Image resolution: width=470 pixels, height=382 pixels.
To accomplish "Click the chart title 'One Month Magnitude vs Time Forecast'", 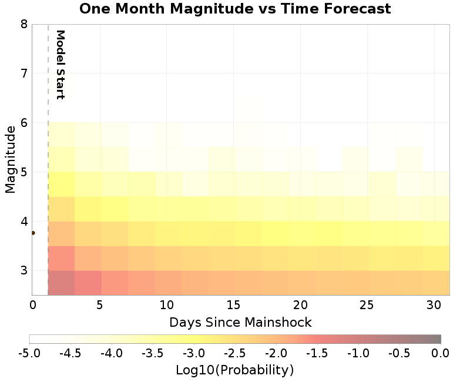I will (234, 9).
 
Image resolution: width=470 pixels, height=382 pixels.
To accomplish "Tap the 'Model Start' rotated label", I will (59, 65).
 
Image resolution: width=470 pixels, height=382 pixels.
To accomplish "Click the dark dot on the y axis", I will (33, 233).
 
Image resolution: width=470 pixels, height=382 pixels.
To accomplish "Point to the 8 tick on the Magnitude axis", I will (24, 24).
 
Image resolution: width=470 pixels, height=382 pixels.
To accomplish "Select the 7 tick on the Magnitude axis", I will (24, 73).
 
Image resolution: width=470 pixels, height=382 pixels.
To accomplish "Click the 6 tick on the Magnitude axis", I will (24, 123).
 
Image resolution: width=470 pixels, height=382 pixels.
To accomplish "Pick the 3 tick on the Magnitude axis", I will (24, 271).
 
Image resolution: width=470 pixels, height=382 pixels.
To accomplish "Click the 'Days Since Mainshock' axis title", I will (240, 322).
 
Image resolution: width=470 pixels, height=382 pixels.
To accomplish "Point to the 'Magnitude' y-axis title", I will (10, 159).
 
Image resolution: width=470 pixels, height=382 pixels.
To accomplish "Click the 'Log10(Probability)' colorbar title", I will (234, 370).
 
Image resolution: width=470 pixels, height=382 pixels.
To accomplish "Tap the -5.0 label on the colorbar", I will (29, 353).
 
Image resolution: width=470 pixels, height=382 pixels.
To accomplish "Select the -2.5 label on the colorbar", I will (235, 353).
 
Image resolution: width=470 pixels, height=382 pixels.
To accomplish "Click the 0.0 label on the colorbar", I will (441, 353).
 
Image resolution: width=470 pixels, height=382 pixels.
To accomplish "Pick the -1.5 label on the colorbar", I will (317, 353).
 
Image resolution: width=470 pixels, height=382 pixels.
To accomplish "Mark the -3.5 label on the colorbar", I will (153, 353).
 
